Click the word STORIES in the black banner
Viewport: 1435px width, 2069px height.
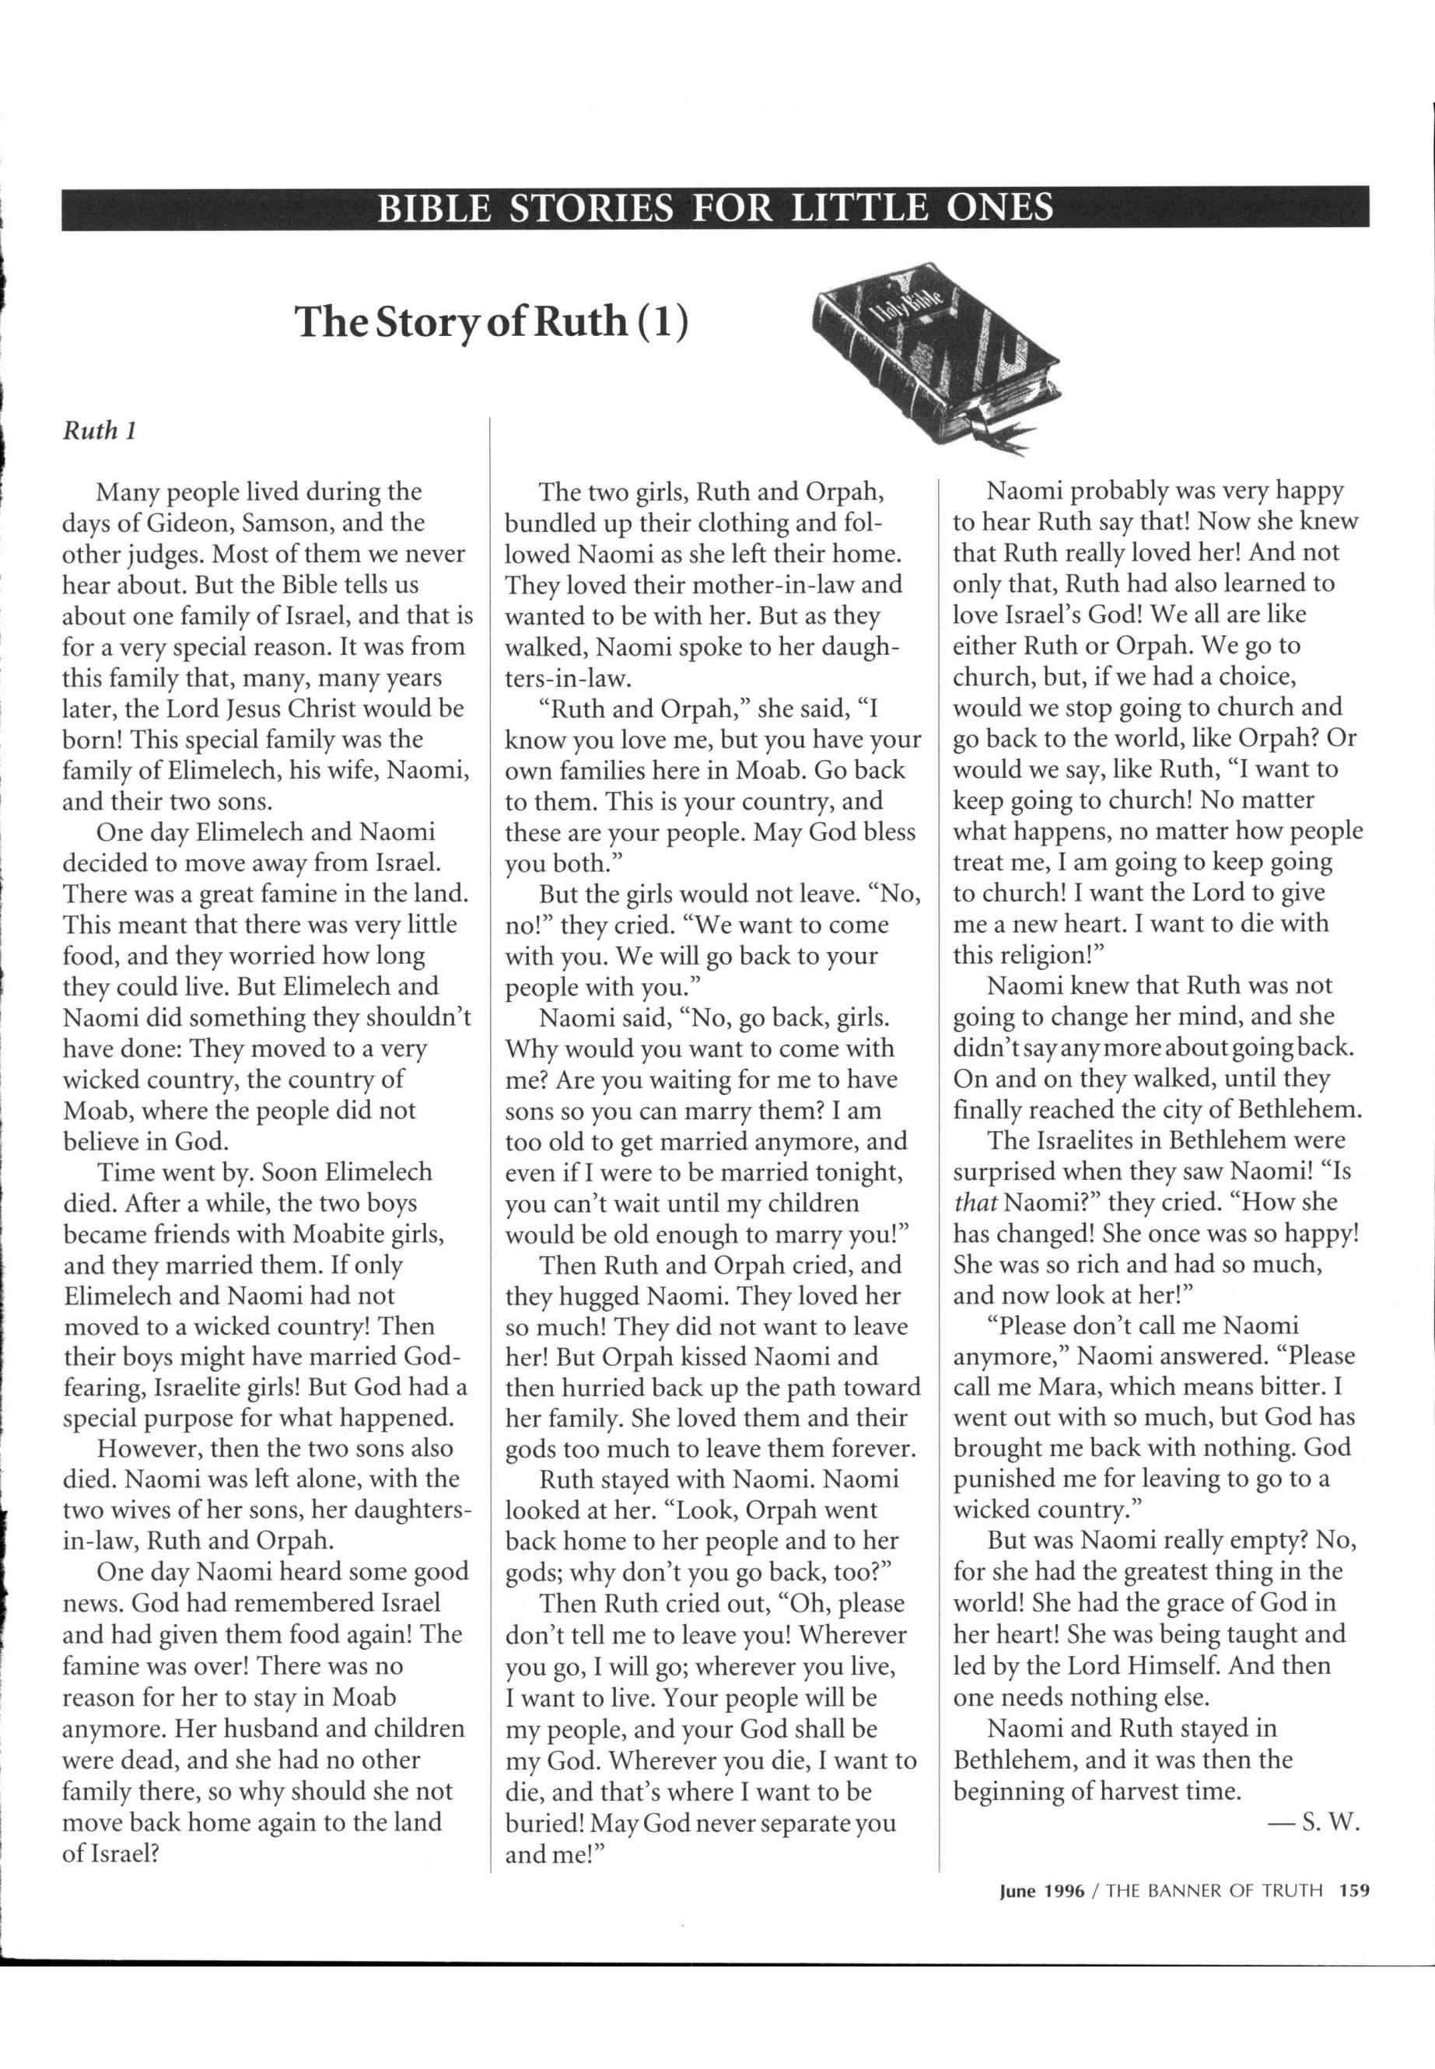pos(592,208)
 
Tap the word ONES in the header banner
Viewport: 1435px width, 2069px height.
pos(999,208)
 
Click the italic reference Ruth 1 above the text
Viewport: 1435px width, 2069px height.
pos(99,431)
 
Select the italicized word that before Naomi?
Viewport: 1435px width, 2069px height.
pos(975,1203)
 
